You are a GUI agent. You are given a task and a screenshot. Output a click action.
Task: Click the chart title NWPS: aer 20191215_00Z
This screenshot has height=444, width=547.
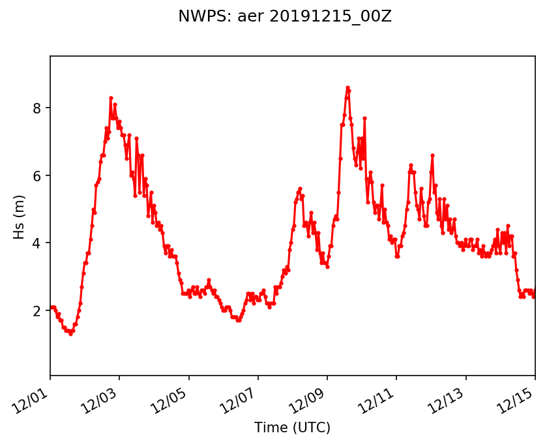(285, 17)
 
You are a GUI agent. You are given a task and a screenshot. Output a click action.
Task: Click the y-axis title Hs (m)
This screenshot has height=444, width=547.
(19, 215)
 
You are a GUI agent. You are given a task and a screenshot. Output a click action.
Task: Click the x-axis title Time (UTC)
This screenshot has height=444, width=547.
(292, 428)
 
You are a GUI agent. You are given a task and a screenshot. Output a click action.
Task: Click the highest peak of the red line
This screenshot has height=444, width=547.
(347, 87)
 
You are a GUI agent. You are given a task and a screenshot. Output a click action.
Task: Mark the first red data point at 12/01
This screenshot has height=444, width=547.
(51, 307)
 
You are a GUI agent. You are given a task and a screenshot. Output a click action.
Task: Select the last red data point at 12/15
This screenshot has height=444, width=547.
(535, 295)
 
